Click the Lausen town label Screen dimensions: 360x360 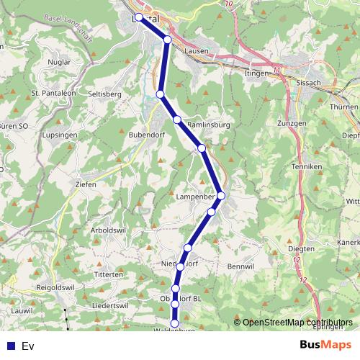(x=197, y=52)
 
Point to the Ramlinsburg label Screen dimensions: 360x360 (x=208, y=125)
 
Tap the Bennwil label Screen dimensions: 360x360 (x=242, y=266)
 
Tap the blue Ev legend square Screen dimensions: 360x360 (x=9, y=346)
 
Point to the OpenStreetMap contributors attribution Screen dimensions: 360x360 (x=297, y=323)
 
